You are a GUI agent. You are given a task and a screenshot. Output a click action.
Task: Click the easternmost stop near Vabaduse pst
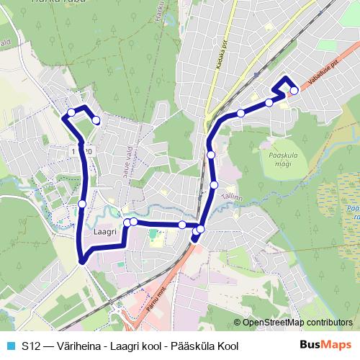pyautogui.click(x=294, y=90)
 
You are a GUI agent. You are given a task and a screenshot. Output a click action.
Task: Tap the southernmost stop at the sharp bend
pyautogui.click(x=83, y=260)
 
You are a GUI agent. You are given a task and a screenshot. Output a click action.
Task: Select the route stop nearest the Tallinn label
pyautogui.click(x=214, y=185)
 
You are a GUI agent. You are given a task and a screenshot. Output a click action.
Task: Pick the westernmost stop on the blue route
pyautogui.click(x=71, y=112)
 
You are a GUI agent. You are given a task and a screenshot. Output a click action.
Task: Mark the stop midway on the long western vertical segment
pyautogui.click(x=82, y=204)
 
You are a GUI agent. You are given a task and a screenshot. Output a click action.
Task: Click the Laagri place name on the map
pyautogui.click(x=105, y=233)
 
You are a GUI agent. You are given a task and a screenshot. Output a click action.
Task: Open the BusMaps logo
pyautogui.click(x=325, y=345)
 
